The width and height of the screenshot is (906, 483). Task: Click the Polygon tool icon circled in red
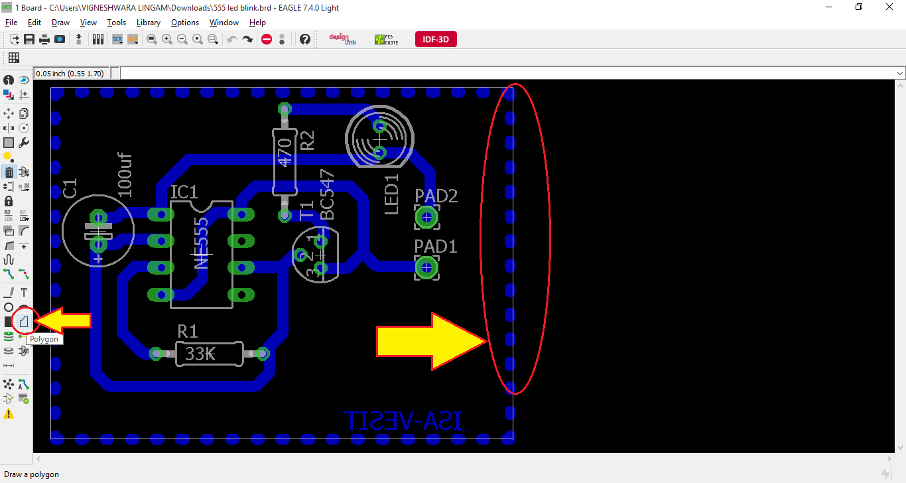[x=25, y=322]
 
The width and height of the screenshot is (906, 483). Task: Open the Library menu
[x=148, y=23]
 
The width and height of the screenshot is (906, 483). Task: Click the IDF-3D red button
[x=436, y=39]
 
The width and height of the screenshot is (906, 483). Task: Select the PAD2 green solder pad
[x=426, y=217]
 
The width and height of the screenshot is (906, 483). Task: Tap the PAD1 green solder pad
[x=426, y=268]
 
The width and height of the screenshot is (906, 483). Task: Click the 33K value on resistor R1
[x=200, y=354]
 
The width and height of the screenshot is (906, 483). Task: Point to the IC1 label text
[x=184, y=192]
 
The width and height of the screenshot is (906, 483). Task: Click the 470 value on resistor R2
[x=285, y=152]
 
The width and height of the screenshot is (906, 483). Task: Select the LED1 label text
[x=391, y=194]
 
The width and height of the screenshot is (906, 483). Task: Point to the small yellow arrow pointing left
[x=63, y=321]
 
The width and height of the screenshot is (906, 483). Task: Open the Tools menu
[x=116, y=23]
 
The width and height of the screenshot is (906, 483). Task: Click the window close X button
[x=889, y=7]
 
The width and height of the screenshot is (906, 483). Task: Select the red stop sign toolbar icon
[x=267, y=39]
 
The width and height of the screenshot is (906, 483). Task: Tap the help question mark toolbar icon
[x=304, y=39]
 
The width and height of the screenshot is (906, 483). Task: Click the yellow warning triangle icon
[x=9, y=413]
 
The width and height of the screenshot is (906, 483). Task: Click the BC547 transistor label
[x=327, y=194]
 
